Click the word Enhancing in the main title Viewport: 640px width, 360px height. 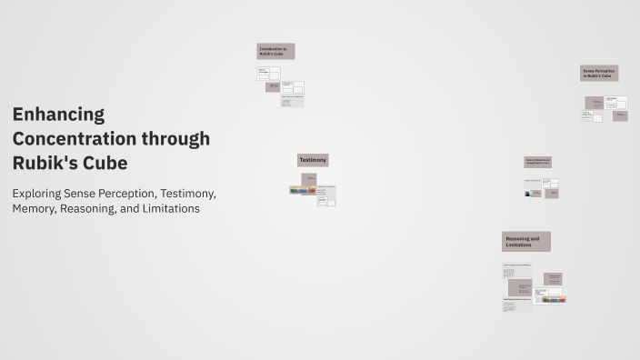58,115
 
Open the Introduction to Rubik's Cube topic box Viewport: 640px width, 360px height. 275,51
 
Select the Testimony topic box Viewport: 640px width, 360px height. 313,160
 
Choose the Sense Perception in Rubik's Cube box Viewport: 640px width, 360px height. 599,73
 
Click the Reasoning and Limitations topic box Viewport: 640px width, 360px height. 525,242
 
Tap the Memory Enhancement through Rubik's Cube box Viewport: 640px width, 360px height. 537,162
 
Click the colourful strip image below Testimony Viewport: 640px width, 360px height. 303,191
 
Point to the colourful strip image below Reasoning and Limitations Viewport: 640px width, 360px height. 550,299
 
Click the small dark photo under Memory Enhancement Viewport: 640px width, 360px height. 533,193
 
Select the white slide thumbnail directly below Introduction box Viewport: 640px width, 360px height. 268,74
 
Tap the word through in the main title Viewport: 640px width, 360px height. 175,139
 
